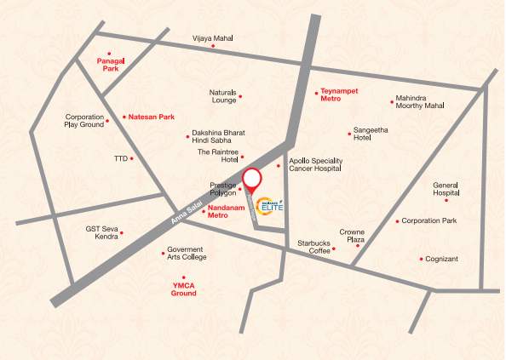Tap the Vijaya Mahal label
[x=212, y=38]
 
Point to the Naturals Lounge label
[x=222, y=96]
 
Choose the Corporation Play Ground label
[x=84, y=121]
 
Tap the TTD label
[x=120, y=158]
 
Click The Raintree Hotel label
[x=216, y=156]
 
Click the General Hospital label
[x=446, y=190]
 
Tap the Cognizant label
[x=443, y=259]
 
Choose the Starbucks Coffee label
[x=313, y=248]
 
